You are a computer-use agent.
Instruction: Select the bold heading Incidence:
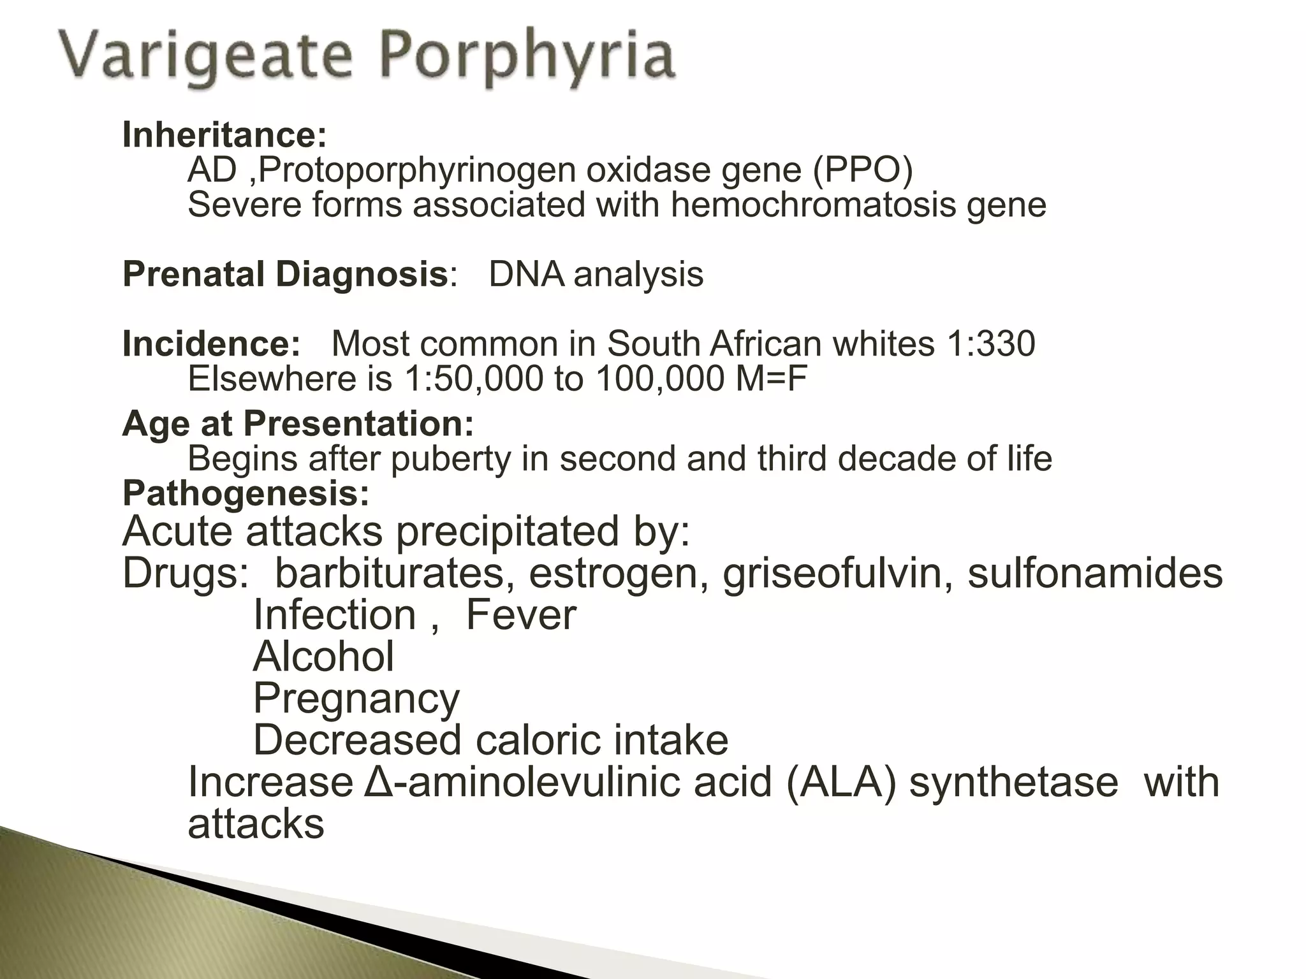click(211, 344)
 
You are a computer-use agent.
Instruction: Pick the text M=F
click(771, 379)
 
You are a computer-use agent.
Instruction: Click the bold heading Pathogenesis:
click(246, 493)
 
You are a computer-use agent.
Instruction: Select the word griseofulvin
click(832, 573)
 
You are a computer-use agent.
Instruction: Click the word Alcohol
click(323, 656)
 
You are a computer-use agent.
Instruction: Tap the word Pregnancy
click(356, 699)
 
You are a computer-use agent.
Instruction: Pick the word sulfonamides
click(1094, 573)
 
